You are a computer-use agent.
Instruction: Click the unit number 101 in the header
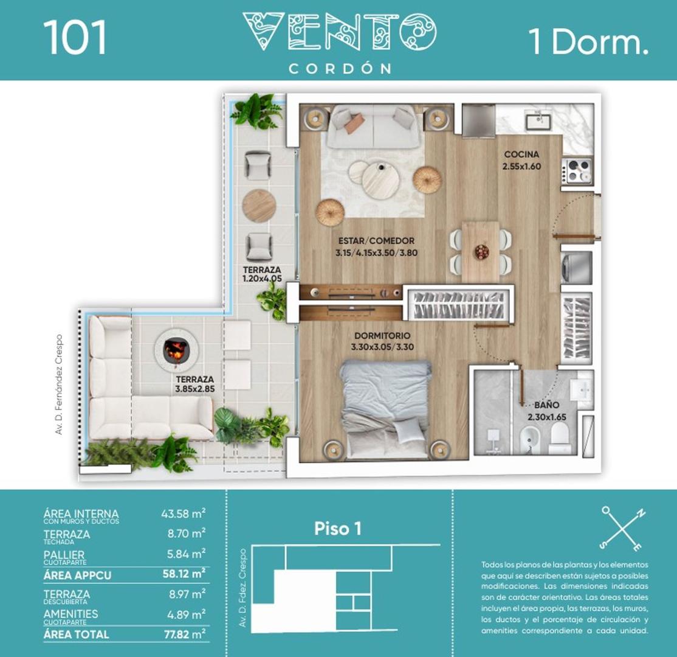tap(75, 38)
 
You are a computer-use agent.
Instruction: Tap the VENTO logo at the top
tap(339, 32)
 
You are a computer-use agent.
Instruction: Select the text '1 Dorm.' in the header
tap(588, 42)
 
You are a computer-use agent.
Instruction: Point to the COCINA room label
tap(521, 155)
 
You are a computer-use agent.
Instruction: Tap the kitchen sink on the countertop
tap(538, 119)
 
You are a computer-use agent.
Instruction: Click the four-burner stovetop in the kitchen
tap(577, 170)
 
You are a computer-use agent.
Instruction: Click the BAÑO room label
tap(548, 404)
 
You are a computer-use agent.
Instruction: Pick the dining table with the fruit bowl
tap(480, 251)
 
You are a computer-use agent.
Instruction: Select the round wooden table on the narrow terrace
tap(259, 206)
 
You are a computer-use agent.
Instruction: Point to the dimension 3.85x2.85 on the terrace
tap(196, 387)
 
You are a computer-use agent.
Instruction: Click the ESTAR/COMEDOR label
tap(377, 241)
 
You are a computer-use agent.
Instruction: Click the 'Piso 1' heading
tap(338, 528)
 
